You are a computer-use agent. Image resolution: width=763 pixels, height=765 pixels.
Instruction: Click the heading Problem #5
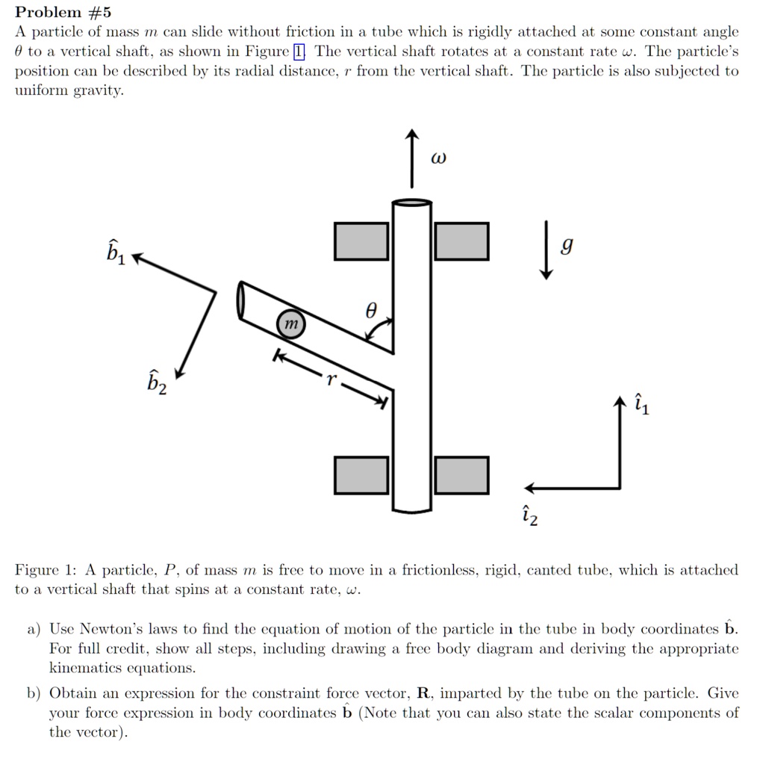pos(63,12)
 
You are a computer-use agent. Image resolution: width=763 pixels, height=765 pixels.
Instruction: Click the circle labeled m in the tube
pos(291,323)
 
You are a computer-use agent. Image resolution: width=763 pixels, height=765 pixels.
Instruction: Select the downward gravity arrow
pos(547,250)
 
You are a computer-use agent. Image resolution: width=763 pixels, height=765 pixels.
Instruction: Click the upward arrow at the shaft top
pos(411,158)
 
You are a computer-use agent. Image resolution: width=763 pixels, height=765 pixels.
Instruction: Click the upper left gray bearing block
pos(361,241)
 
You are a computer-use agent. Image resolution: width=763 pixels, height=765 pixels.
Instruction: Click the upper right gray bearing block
pos(461,241)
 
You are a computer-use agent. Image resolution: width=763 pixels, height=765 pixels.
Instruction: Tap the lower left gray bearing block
pos(361,475)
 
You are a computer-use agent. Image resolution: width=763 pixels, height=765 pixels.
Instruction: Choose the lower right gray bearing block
pos(461,475)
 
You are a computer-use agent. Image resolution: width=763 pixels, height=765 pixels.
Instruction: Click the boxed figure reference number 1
pos(299,52)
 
